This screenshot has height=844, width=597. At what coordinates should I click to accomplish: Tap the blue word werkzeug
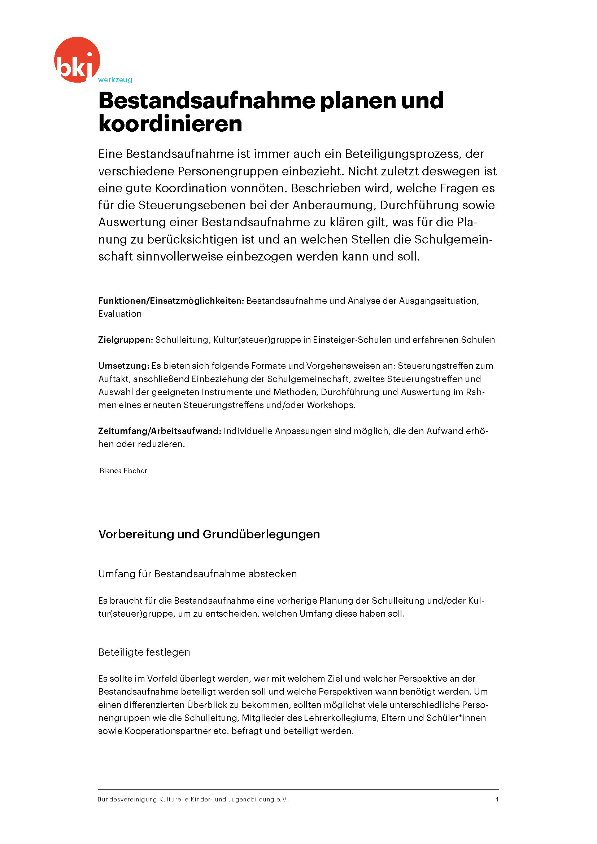[x=115, y=80]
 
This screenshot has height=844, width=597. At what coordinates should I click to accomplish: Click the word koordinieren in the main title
[x=170, y=124]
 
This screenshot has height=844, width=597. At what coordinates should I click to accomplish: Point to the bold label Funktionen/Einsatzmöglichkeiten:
[x=171, y=301]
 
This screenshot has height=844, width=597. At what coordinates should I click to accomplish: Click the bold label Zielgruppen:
[x=125, y=340]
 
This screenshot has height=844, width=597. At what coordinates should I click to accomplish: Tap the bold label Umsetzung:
[x=123, y=366]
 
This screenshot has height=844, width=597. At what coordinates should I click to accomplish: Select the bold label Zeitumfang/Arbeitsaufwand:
[x=160, y=431]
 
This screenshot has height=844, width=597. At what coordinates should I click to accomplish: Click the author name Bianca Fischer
[x=123, y=471]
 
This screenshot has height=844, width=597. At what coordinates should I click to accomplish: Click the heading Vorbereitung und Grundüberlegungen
[x=209, y=534]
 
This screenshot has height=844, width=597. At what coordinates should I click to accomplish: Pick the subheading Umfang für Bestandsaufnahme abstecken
[x=197, y=574]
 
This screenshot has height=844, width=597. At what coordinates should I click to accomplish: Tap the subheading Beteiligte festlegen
[x=144, y=652]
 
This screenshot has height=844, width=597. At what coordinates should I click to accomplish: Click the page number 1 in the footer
[x=497, y=799]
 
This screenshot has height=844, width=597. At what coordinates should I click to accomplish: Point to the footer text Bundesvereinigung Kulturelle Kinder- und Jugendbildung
[x=192, y=799]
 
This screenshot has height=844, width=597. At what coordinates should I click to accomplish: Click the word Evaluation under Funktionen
[x=120, y=314]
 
